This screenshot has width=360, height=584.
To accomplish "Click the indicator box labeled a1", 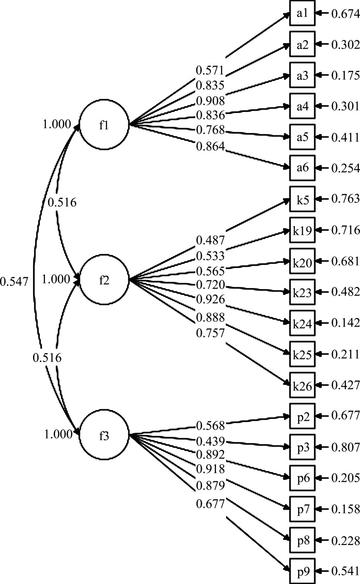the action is click(x=302, y=13).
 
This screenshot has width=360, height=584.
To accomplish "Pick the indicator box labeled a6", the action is click(x=302, y=168).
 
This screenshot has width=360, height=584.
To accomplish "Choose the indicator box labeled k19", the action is click(x=302, y=230).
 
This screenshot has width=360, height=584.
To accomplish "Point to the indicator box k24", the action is click(x=302, y=323).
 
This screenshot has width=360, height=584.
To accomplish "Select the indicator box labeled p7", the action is click(x=302, y=509).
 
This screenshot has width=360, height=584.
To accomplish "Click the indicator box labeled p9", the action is click(x=302, y=571).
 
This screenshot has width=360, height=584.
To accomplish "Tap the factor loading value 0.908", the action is click(x=210, y=100).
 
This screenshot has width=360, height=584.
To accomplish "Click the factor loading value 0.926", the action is click(x=210, y=299).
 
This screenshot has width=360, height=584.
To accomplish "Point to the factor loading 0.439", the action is click(x=210, y=441).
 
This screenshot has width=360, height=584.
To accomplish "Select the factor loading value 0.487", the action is click(x=210, y=240).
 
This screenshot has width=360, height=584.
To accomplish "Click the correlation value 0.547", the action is click(x=14, y=282).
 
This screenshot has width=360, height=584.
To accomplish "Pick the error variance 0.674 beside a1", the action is click(x=346, y=14).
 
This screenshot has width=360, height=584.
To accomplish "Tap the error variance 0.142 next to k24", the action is click(x=346, y=323).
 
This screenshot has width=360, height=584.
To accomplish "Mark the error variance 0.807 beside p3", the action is click(x=346, y=447).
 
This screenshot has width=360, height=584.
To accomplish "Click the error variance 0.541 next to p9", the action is click(x=346, y=571).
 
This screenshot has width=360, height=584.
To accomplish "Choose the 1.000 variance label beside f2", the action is click(x=56, y=279).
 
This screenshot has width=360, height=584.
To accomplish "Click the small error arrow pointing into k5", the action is click(x=322, y=199).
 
